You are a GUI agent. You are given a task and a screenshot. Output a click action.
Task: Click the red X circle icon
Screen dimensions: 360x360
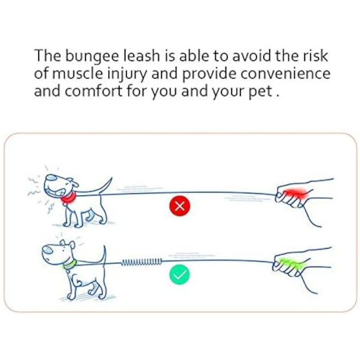pyautogui.click(x=180, y=206)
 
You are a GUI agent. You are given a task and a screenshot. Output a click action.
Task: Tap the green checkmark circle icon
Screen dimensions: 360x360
pyautogui.click(x=180, y=274)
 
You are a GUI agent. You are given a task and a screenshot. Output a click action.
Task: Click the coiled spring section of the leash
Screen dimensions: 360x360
pyautogui.click(x=141, y=261)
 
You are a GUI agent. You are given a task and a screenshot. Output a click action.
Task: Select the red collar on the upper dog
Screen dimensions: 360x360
pyautogui.click(x=68, y=198)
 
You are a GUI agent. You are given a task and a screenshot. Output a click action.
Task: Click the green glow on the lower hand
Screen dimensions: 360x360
pyautogui.click(x=292, y=263)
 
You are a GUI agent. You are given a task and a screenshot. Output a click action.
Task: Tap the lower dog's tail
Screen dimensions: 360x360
pyautogui.click(x=103, y=255)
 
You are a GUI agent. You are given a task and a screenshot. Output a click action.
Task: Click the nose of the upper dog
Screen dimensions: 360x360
pyautogui.click(x=51, y=178)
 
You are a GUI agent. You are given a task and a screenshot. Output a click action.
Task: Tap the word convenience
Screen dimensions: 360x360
pyautogui.click(x=284, y=74)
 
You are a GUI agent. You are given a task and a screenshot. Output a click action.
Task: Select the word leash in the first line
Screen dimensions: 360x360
pyautogui.click(x=141, y=56)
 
